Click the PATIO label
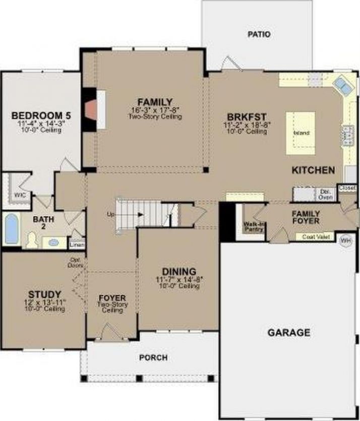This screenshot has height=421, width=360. point(259,34)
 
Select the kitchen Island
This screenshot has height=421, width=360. point(301,133)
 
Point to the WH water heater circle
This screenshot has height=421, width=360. point(345,240)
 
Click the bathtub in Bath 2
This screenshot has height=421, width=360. point(11,229)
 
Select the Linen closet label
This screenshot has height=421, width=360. point(77,245)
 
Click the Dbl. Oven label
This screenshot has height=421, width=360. point(323,194)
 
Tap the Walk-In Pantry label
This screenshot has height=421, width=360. point(254,226)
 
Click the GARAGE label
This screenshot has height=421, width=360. point(288,332)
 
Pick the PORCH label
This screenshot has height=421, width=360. point(153,357)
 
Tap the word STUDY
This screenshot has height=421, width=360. point(45,294)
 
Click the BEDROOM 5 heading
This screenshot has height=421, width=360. point(38,115)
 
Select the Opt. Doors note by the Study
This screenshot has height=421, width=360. point(76,262)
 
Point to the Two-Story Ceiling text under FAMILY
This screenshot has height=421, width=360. point(155,116)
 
